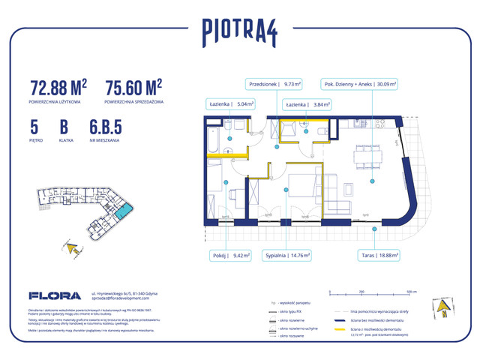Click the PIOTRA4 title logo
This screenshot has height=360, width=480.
point(240,31)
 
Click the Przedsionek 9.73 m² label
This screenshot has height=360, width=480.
point(274,85)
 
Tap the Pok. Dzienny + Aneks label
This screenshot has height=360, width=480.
point(360,85)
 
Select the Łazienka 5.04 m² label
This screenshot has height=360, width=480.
point(230,105)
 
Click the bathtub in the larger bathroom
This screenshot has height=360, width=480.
point(214,139)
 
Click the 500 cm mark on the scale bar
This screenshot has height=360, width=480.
point(406,291)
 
